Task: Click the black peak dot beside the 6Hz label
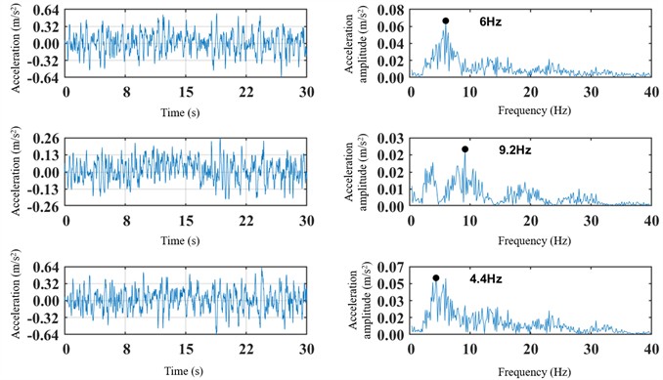coord(445,21)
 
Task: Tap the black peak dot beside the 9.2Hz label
coord(464,149)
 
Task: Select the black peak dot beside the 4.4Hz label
coord(436,277)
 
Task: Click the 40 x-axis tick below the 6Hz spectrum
coord(650,90)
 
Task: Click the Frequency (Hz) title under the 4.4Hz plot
coord(529,371)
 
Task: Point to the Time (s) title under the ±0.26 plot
coord(186,240)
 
